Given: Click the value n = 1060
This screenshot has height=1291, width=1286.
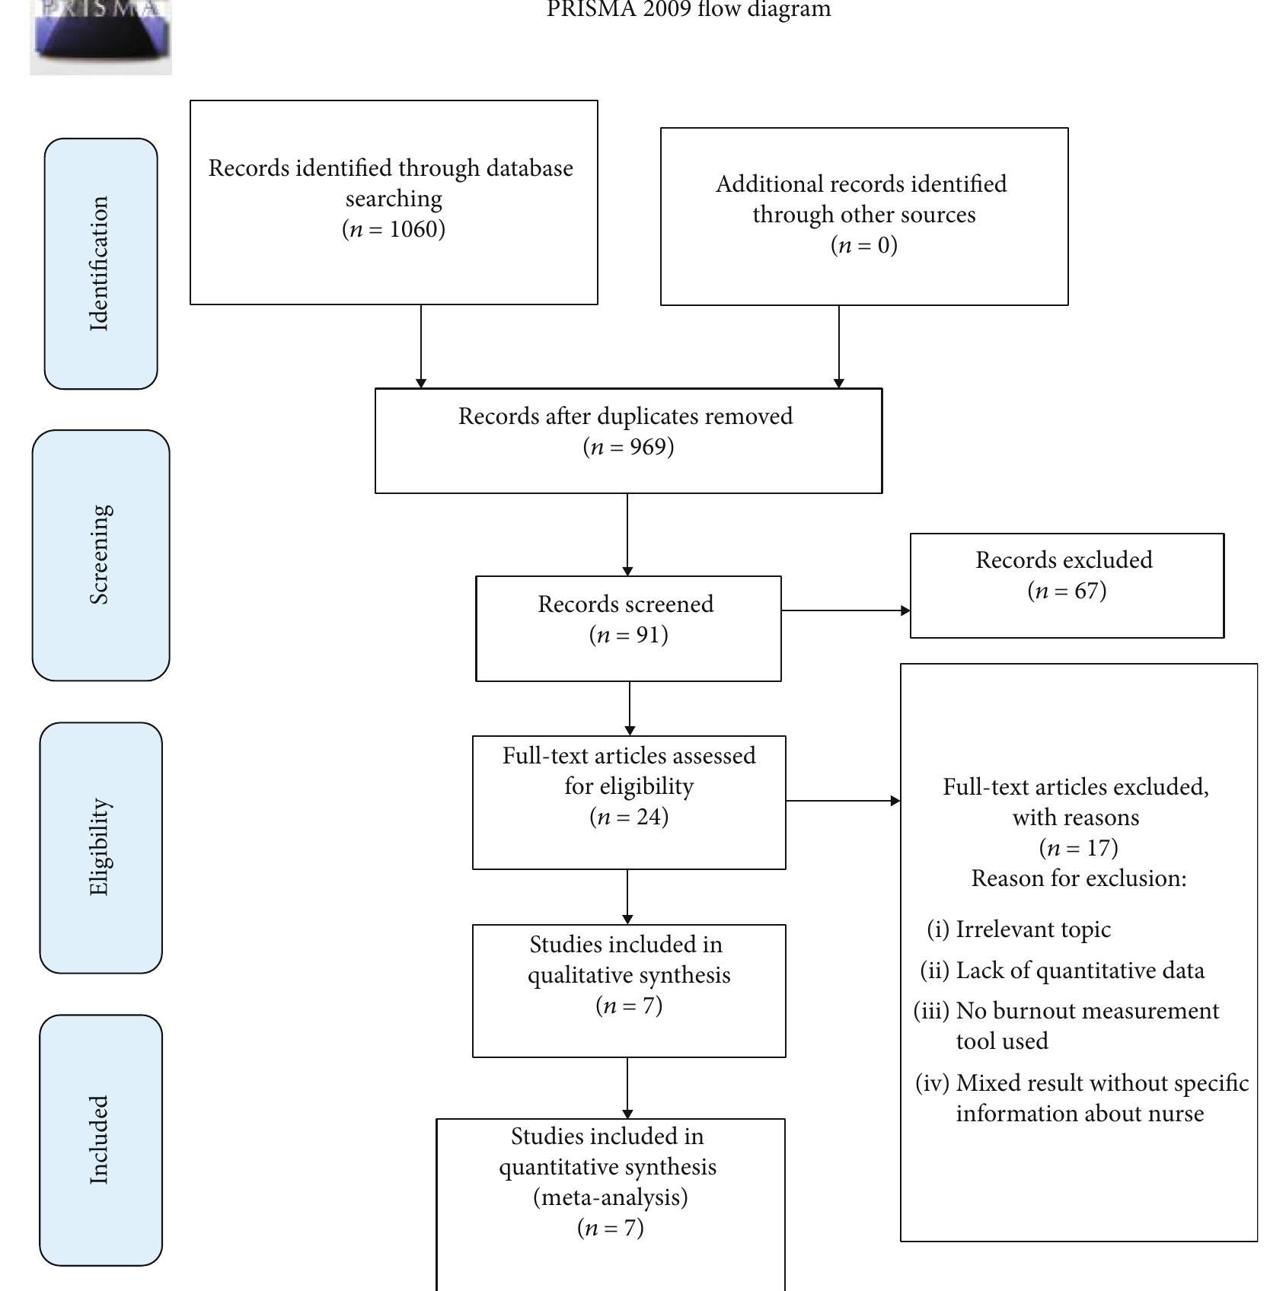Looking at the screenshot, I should click(x=394, y=229).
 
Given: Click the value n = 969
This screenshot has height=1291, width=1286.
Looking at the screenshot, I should click(x=628, y=447).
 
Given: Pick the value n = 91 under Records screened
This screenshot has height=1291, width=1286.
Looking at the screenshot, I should click(x=628, y=635).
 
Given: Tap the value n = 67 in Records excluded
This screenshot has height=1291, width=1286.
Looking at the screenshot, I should click(x=1066, y=591).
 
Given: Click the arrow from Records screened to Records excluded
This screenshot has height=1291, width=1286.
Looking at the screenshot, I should click(x=845, y=610).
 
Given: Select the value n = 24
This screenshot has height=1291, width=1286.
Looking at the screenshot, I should click(x=628, y=817).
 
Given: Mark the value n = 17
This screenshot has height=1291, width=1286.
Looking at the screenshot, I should click(x=1078, y=848).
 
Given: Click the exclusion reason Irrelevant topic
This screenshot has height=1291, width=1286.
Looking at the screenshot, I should click(x=1032, y=929).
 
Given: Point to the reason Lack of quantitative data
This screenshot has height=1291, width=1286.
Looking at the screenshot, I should click(x=1080, y=971).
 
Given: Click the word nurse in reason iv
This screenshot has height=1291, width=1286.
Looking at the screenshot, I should click(x=1176, y=1114).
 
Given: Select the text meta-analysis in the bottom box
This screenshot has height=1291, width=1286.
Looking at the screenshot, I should click(x=610, y=1197).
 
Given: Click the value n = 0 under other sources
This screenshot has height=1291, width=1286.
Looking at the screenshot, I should click(x=863, y=245).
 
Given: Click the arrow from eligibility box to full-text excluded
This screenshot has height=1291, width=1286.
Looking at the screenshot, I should click(x=842, y=801).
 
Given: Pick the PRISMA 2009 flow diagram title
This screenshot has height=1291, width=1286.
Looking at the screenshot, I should click(x=688, y=10).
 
